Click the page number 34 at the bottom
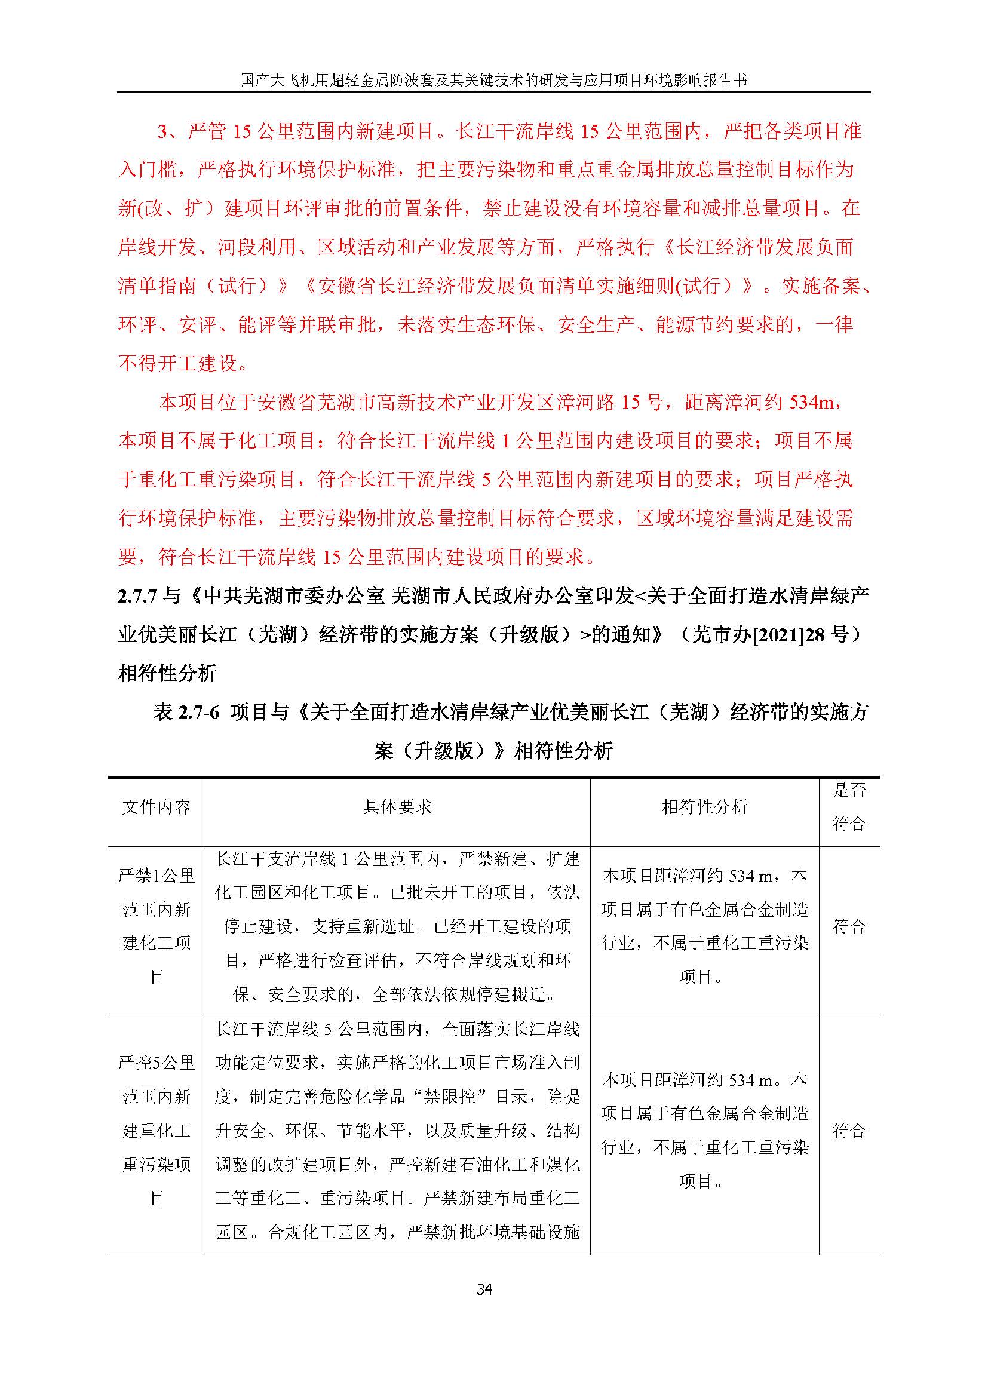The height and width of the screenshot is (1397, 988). coord(484,1289)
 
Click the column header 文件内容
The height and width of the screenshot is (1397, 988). coord(157,808)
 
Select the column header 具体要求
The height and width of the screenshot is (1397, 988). coord(397,808)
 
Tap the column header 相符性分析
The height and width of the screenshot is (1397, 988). coord(704,808)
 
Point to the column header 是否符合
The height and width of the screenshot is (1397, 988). coord(849,808)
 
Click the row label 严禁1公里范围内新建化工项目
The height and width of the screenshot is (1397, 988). coord(157,926)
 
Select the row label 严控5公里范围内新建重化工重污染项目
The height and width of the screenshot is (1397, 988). coord(157,1130)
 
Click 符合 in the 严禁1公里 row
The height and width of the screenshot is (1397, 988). coord(849,926)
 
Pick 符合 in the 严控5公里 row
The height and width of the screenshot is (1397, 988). coord(849,1131)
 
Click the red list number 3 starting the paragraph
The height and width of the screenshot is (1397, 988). coord(162,131)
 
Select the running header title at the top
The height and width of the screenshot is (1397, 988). coord(493,80)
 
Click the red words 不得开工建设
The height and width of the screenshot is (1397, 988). coord(177,364)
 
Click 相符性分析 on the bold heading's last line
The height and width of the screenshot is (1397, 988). coord(167,674)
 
